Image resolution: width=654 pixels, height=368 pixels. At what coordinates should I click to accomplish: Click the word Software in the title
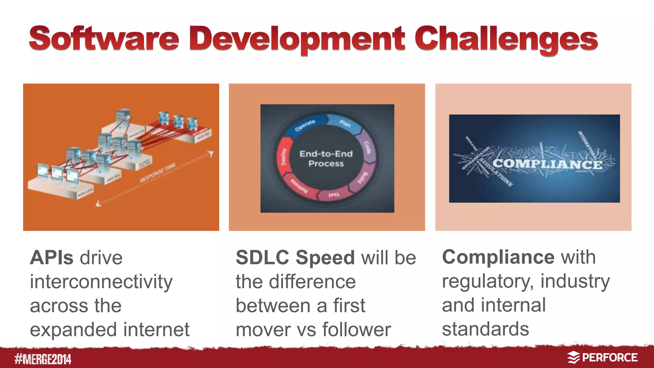coord(104,39)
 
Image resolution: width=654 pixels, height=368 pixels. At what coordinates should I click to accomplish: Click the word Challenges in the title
coord(506,40)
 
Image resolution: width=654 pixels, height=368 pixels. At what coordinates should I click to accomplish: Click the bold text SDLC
coord(262,258)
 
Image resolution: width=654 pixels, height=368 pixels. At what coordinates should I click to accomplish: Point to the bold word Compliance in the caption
coord(498,257)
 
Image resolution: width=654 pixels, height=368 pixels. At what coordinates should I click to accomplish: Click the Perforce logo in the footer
coord(602,358)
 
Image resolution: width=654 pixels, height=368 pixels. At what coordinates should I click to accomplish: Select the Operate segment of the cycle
coord(305,125)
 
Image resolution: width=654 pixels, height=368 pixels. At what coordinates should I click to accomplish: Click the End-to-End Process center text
coord(326,159)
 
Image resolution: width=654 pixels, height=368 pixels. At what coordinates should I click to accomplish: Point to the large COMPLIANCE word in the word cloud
coord(547,164)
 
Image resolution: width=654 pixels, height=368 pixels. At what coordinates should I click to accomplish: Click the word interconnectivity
coord(101,282)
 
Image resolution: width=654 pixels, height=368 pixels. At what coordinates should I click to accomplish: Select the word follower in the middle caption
coord(356,330)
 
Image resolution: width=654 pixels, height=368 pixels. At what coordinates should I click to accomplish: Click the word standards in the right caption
coord(485,329)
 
